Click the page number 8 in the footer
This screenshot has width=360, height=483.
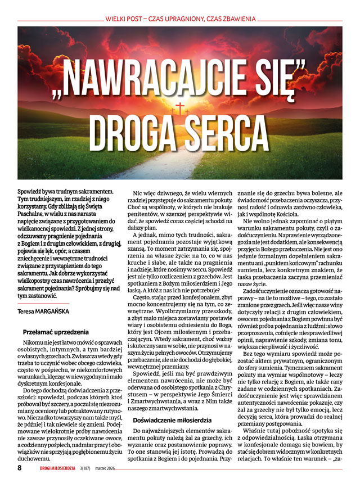tap(20, 467)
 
